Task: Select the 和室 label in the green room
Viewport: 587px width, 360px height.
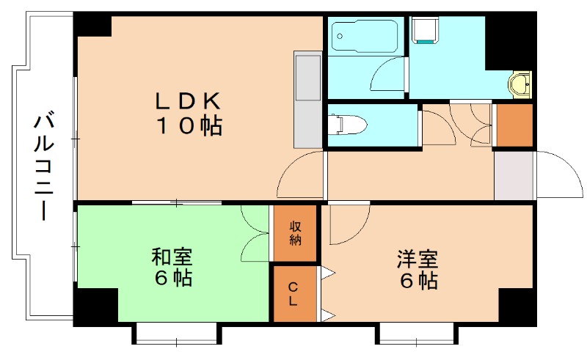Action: (x=172, y=257)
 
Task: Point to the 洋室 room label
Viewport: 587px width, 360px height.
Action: (x=418, y=259)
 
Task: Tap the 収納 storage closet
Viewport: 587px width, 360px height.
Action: (x=295, y=233)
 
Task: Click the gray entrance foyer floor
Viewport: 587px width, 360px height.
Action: (x=513, y=175)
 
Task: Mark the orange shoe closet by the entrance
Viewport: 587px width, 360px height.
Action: (x=514, y=125)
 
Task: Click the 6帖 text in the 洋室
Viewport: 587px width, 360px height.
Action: (x=418, y=281)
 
